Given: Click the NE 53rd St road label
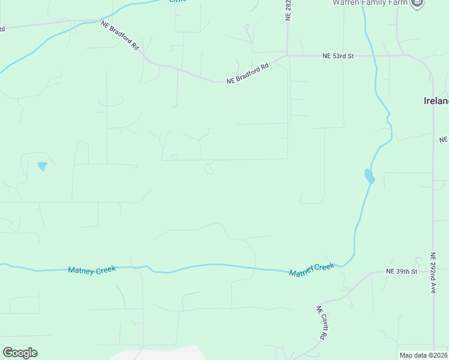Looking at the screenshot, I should coord(339,56).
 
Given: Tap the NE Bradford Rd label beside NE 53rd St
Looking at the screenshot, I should coord(247,73).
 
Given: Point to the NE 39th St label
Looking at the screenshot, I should coord(402,272).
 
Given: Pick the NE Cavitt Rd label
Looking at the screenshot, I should coord(321,322).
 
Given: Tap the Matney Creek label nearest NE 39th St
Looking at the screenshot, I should coord(312,269).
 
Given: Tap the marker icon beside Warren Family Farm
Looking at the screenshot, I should coord(417,2).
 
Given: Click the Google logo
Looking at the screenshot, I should coord(20,352).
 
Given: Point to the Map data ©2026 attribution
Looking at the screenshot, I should coord(423,355).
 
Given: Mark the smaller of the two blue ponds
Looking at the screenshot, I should coord(42,166).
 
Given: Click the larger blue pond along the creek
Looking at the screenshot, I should coord(369,176).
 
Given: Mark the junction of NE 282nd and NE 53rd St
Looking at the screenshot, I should coord(288,56).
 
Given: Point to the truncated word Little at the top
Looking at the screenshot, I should coord(178,1).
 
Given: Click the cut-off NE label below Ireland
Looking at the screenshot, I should coord(444,139).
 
